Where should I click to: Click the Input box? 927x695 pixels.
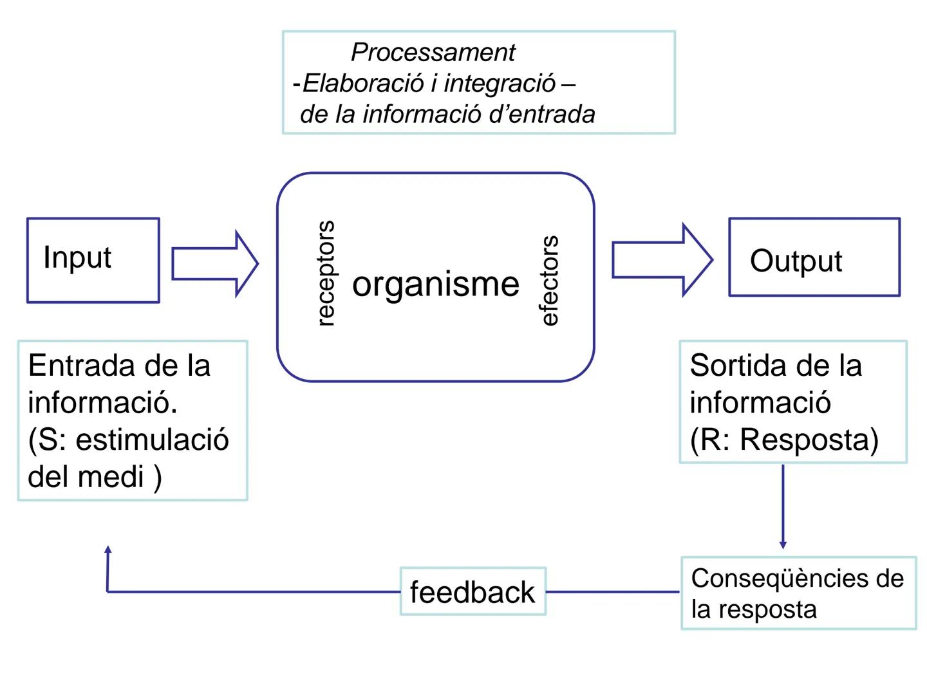(x=93, y=260)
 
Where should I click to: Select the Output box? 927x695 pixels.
(x=814, y=257)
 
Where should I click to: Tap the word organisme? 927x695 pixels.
(x=436, y=284)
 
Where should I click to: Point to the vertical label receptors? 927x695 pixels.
(x=326, y=273)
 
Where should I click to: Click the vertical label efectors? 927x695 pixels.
(x=549, y=281)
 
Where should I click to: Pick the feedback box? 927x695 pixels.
(x=473, y=591)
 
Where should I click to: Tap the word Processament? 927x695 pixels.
(x=433, y=52)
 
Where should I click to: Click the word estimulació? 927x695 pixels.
(x=152, y=440)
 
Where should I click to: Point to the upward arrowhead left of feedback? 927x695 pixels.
(x=108, y=550)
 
